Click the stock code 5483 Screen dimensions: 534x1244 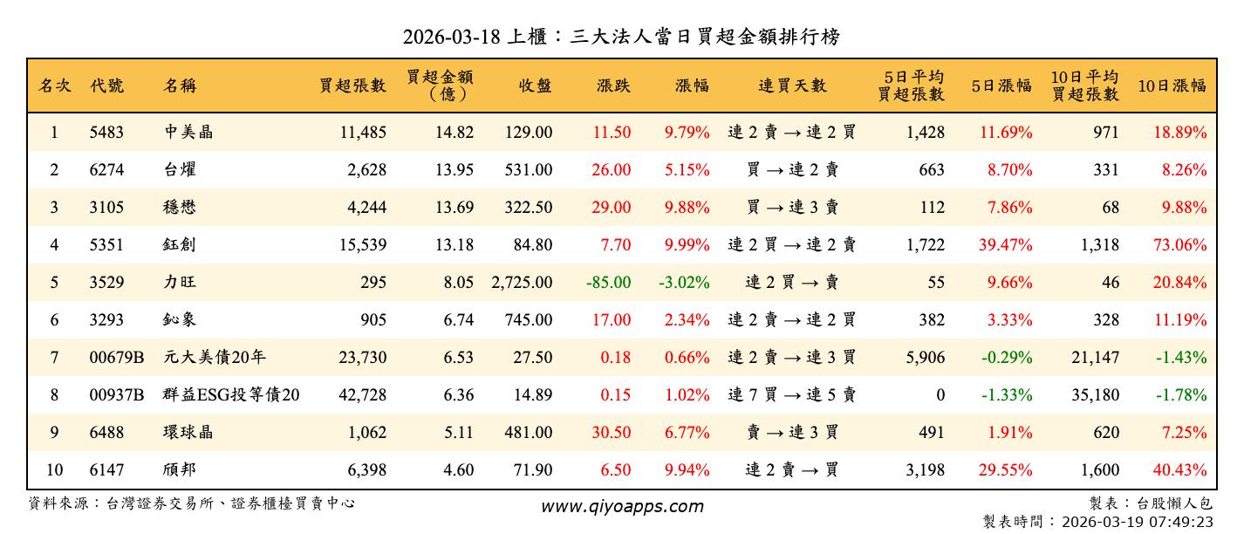(106, 133)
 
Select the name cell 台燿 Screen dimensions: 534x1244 (181, 170)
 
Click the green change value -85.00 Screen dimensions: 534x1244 (609, 283)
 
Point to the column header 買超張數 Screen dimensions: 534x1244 (352, 86)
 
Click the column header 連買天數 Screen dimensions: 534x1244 (791, 86)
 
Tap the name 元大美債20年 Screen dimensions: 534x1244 (208, 358)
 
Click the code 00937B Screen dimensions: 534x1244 (116, 395)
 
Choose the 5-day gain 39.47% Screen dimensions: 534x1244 (1005, 245)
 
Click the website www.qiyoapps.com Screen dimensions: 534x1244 (621, 506)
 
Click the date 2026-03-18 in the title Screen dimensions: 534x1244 (451, 37)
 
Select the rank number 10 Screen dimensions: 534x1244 (54, 470)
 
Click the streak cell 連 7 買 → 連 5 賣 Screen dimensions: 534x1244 (791, 395)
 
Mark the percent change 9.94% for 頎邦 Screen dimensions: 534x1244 (686, 470)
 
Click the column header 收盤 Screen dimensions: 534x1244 (535, 86)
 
